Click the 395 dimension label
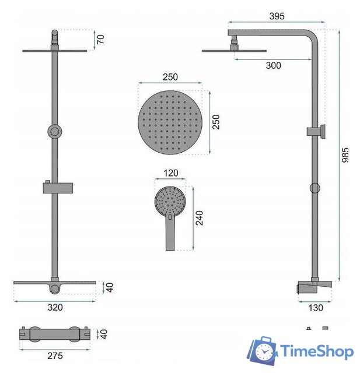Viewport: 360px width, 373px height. coord(277,16)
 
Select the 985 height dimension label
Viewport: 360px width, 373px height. coord(345,155)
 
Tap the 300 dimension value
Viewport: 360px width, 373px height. coord(273,65)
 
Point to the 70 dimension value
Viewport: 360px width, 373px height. coord(101,39)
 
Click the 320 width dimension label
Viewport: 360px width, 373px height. coord(55,307)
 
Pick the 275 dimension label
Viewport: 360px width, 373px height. coord(55,356)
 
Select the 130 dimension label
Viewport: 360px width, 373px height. coord(316,308)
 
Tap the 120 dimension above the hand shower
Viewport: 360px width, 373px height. coord(171,173)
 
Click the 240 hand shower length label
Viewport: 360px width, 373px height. coord(200,218)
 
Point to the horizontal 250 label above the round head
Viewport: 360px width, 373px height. coord(170,77)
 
